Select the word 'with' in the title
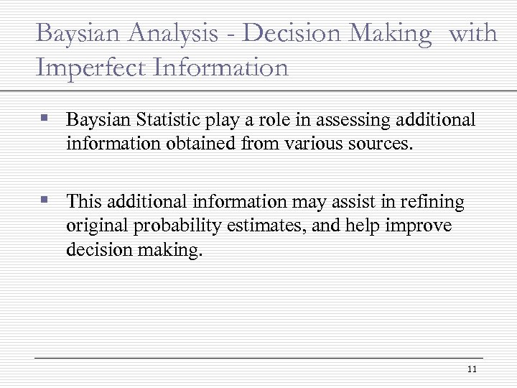click(472, 34)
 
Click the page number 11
click(472, 369)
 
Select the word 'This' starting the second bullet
click(84, 202)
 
